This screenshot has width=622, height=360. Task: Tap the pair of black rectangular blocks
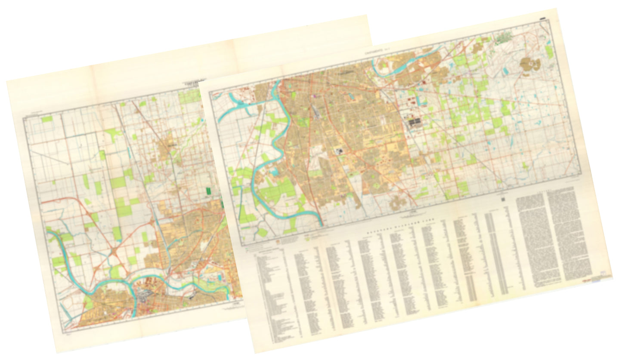pyautogui.click(x=415, y=123)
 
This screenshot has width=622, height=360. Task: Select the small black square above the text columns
pyautogui.click(x=502, y=200)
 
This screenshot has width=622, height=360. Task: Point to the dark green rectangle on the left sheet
pyautogui.click(x=210, y=191)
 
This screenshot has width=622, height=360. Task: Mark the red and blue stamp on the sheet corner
pyautogui.click(x=597, y=279)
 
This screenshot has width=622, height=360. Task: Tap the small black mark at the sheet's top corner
pyautogui.click(x=543, y=19)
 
